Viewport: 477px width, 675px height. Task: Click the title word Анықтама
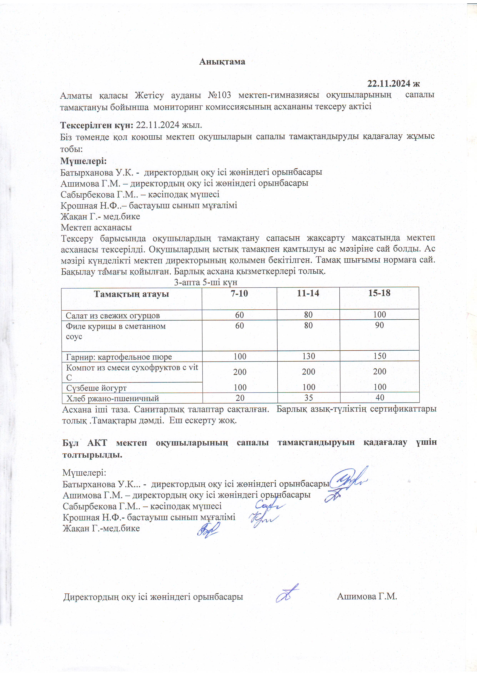222,62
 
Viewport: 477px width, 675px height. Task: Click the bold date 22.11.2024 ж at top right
393,84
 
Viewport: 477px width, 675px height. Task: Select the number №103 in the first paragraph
219,95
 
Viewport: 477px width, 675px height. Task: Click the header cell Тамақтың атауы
131,294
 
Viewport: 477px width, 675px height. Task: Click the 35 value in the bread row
308,398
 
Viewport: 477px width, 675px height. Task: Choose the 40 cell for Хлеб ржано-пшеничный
379,398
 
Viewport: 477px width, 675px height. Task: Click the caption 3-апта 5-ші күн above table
206,282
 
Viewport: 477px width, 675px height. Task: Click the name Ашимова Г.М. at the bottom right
367,596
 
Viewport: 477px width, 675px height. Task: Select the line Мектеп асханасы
96,228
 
